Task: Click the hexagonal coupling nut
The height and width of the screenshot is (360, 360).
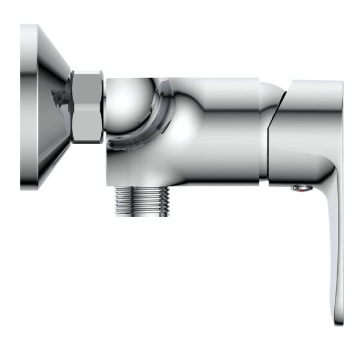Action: click(88, 107)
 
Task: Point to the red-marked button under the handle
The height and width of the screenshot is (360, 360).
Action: click(301, 188)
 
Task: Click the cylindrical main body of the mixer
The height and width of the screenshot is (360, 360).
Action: click(210, 129)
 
